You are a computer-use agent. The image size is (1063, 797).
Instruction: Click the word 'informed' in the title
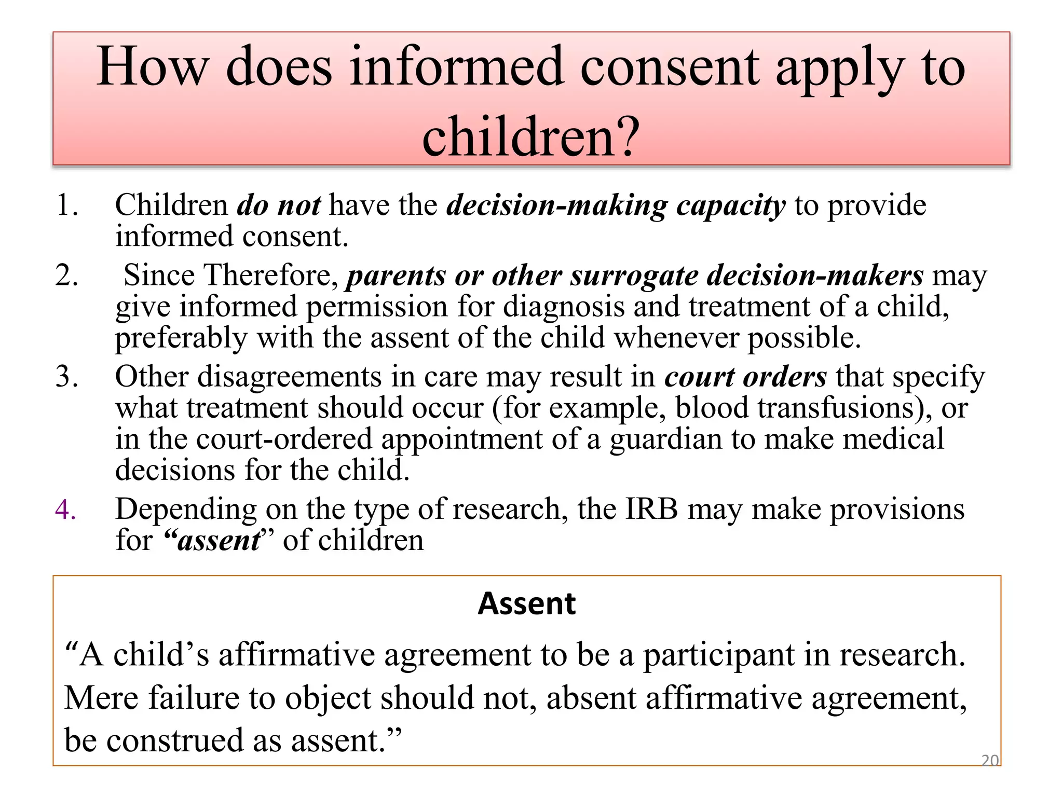[456, 67]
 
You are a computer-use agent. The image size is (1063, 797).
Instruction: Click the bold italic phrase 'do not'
[279, 205]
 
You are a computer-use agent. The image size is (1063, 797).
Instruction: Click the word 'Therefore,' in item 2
[272, 275]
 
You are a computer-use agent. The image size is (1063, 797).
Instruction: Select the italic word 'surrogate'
[634, 276]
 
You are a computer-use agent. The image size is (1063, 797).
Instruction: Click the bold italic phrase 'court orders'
[745, 377]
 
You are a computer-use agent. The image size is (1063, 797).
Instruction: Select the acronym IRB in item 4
[651, 509]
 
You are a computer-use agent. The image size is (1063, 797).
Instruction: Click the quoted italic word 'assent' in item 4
[219, 541]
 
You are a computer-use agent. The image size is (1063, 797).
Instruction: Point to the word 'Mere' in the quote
[101, 698]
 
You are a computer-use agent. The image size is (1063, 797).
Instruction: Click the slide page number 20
[989, 761]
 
